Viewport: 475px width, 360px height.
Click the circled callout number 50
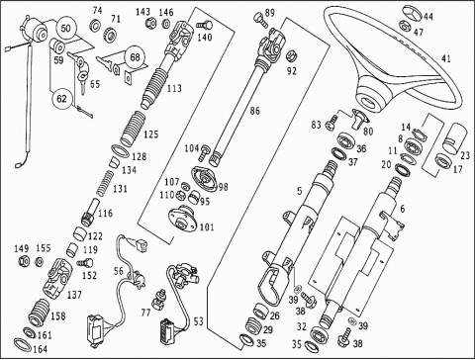[66, 28]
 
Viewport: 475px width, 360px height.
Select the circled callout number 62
[61, 99]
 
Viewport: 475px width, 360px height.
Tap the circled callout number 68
[135, 57]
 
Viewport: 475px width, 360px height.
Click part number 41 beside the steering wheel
[445, 58]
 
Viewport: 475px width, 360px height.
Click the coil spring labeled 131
[104, 183]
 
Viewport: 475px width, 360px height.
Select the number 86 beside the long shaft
[254, 111]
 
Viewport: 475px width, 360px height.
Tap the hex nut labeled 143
[149, 24]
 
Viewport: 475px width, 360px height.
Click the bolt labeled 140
[204, 25]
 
